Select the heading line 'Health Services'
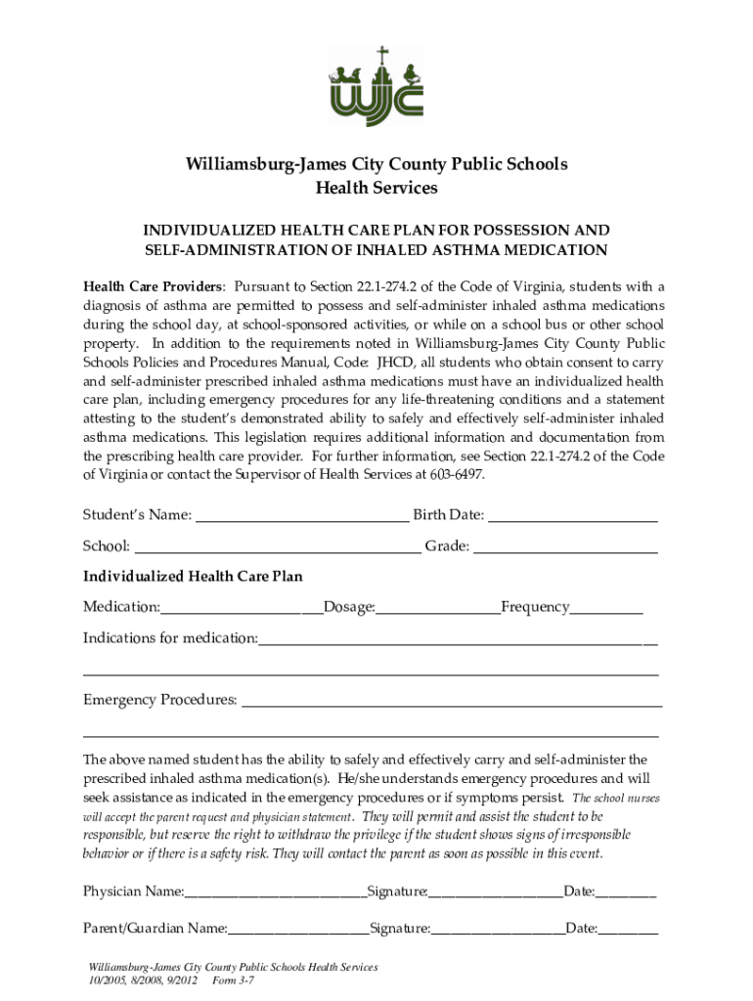click(376, 188)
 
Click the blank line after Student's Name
click(302, 515)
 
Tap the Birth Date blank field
click(572, 515)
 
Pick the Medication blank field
click(242, 608)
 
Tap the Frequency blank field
click(606, 608)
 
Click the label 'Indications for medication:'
click(170, 638)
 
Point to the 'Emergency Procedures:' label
click(159, 700)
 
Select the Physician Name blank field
click(275, 892)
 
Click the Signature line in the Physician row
click(496, 892)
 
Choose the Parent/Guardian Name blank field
click(298, 929)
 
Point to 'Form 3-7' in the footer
click(233, 980)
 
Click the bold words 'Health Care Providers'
click(154, 286)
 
